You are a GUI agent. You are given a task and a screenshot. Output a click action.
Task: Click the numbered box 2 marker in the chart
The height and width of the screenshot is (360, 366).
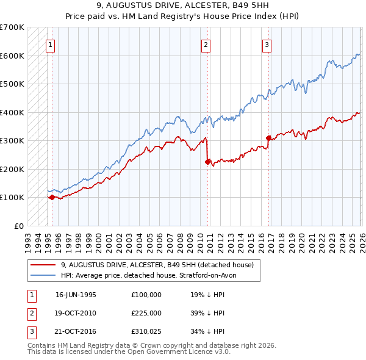coord(206,44)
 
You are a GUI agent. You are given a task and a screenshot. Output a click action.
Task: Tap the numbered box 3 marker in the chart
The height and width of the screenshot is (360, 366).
coord(267,44)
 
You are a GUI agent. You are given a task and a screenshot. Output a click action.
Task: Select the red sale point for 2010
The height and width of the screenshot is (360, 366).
coord(207,162)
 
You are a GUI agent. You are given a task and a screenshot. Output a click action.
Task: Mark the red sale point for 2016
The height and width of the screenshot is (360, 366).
coord(268,138)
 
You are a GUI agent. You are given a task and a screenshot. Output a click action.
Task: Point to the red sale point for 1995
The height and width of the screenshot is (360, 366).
coord(52,197)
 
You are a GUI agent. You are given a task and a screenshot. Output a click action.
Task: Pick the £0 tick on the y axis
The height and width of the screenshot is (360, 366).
coord(20,226)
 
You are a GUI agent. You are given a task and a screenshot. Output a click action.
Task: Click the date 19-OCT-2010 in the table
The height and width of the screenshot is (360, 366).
coord(76,313)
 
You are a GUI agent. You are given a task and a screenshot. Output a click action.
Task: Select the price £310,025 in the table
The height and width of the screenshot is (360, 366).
coord(146,331)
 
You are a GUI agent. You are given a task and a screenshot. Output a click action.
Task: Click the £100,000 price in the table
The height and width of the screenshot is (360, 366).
coord(146,295)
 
